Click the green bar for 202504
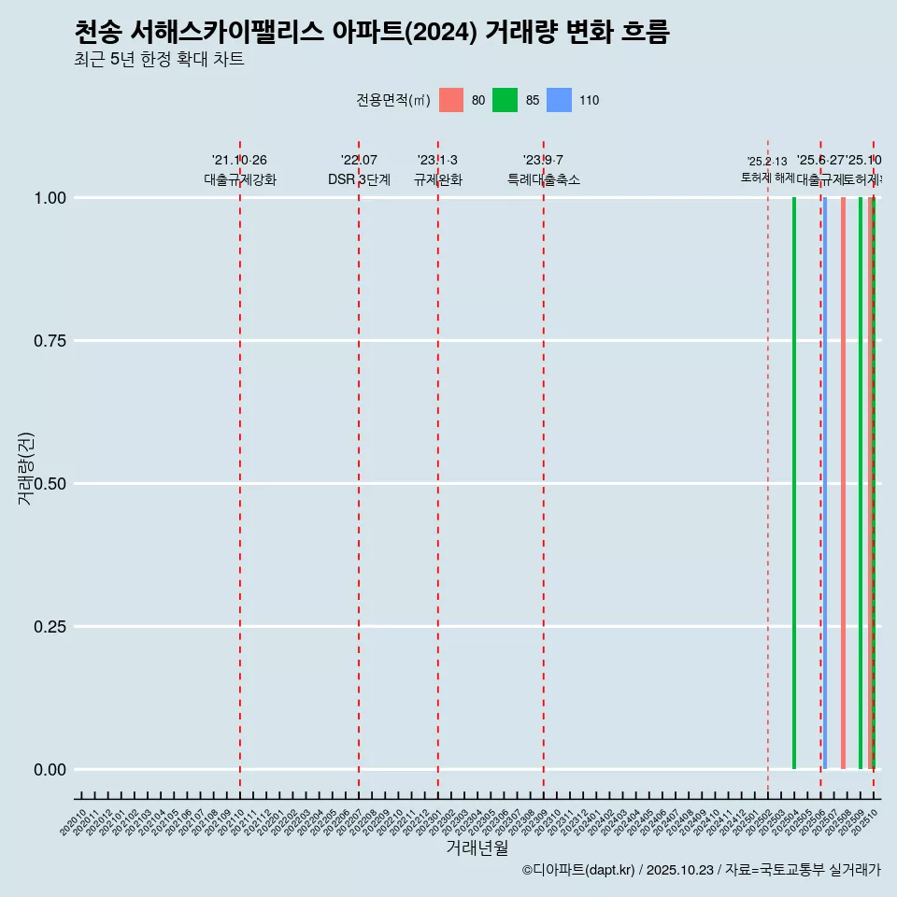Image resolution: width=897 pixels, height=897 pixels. [x=794, y=483]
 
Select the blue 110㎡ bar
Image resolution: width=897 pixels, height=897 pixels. [x=824, y=483]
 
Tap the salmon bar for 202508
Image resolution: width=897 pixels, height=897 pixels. [x=843, y=483]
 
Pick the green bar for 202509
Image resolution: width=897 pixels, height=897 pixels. [x=861, y=483]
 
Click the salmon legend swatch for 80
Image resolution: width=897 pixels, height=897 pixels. [x=451, y=100]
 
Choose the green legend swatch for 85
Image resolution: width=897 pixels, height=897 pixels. [x=505, y=100]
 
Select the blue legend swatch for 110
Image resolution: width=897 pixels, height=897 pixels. [x=559, y=100]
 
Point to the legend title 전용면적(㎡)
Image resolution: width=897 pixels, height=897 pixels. [x=393, y=101]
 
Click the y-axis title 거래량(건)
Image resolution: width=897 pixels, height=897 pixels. [x=26, y=468]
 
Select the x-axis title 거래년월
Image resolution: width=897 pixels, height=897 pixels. [x=477, y=847]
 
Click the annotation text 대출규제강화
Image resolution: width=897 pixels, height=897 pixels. [x=240, y=179]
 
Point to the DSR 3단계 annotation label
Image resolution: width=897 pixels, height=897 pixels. [x=359, y=179]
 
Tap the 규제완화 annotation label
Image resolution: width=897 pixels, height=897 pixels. [x=438, y=179]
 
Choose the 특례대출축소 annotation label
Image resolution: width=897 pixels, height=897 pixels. [x=544, y=179]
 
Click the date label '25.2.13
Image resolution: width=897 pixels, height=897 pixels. [x=767, y=161]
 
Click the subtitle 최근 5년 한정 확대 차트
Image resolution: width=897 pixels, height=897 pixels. [x=159, y=60]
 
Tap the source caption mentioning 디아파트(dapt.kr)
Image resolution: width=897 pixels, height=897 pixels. [x=701, y=870]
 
